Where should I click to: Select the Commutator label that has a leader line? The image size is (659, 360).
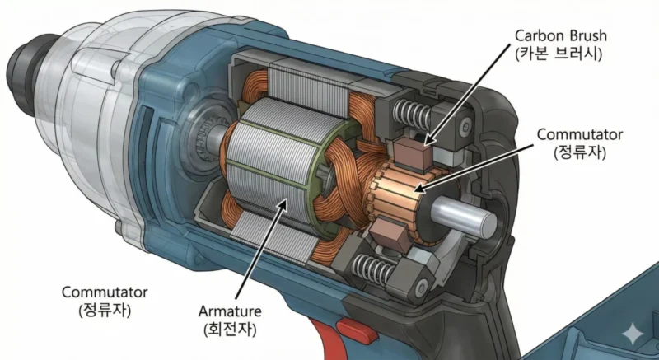[580, 133]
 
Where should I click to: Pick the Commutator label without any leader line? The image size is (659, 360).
[105, 292]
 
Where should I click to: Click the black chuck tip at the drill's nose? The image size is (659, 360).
[20, 62]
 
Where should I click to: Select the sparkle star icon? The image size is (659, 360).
[633, 334]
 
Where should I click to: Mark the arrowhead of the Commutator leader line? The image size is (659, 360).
[418, 190]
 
